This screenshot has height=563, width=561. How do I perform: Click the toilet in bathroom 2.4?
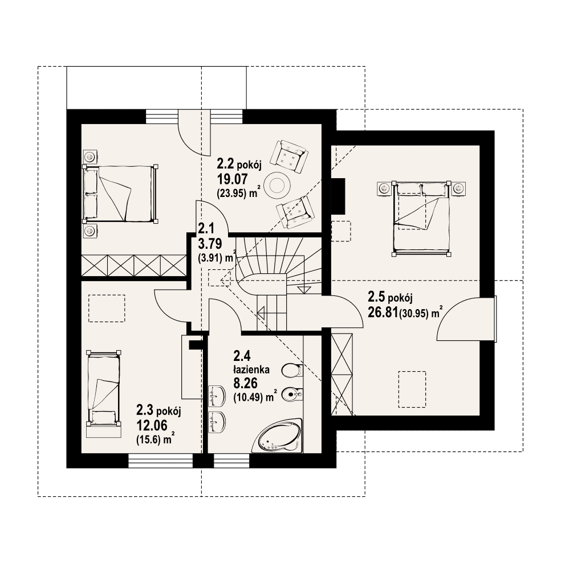292,370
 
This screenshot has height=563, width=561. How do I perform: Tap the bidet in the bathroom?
292,395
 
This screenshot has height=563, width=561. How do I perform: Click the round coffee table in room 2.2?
277,185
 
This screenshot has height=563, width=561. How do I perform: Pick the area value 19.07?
232,179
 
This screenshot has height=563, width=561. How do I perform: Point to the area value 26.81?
383,313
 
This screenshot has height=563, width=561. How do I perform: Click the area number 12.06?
152,425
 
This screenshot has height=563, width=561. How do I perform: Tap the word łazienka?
251,369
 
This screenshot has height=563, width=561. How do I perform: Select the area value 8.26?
246,384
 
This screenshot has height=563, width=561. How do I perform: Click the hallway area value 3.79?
210,244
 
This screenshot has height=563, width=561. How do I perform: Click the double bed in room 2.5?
421,218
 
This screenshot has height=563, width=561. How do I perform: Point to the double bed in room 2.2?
120,194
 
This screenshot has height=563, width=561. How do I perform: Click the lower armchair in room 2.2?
295,212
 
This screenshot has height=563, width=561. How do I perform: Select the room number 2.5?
376,297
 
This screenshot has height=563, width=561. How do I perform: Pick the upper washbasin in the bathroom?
217,395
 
